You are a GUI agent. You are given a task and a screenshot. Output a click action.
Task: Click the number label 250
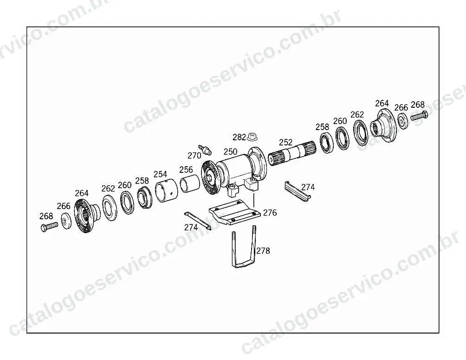230,151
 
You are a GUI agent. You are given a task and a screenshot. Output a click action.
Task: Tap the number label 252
285,142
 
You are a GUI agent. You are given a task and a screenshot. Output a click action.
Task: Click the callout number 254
160,174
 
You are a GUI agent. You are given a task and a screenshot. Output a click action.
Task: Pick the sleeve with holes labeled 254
167,191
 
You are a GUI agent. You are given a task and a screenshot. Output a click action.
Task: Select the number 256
186,170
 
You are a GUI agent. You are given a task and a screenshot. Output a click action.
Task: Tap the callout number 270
194,155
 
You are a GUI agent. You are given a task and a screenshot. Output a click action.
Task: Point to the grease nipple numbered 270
205,150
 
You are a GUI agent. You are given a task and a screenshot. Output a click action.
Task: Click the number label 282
239,137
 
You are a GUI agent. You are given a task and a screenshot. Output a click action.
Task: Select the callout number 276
270,212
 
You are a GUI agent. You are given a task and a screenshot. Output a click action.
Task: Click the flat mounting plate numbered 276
235,212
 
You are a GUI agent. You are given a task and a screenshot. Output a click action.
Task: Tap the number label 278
263,251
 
